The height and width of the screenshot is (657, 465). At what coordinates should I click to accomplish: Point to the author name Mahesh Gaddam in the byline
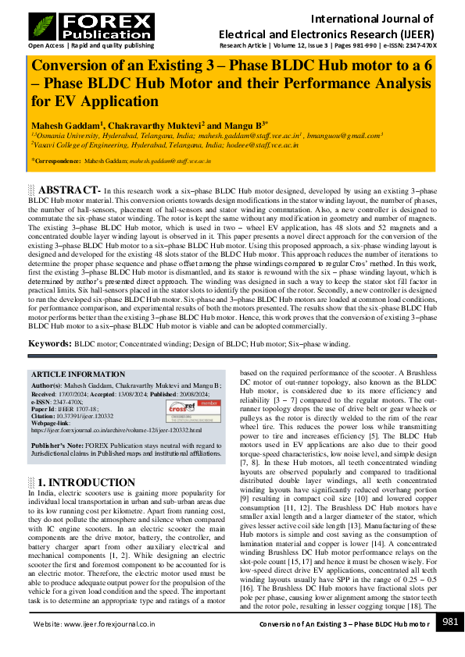(64, 124)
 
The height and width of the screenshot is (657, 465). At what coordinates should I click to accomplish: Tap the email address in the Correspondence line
(170, 161)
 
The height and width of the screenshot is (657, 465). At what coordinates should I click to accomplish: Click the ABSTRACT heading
(68, 190)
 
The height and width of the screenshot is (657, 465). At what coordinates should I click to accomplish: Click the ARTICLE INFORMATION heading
(75, 375)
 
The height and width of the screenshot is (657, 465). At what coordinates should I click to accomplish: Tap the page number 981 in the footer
(450, 623)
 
